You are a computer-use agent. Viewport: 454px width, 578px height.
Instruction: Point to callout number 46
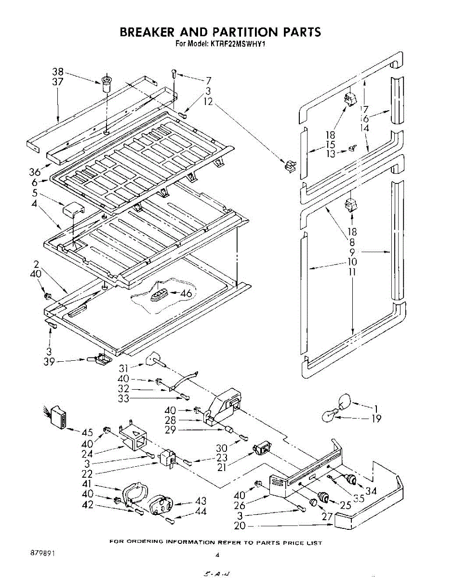(x=186, y=293)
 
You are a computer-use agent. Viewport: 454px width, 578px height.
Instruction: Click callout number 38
(x=58, y=72)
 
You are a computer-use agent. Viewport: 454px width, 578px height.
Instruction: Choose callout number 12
(x=208, y=102)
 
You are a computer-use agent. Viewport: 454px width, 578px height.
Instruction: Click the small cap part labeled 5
(x=72, y=211)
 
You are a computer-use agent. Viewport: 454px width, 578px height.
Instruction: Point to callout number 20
(x=240, y=526)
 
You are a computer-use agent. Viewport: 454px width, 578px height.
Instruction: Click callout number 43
(x=200, y=501)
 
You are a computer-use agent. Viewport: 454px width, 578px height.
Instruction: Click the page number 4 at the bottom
(x=217, y=555)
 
